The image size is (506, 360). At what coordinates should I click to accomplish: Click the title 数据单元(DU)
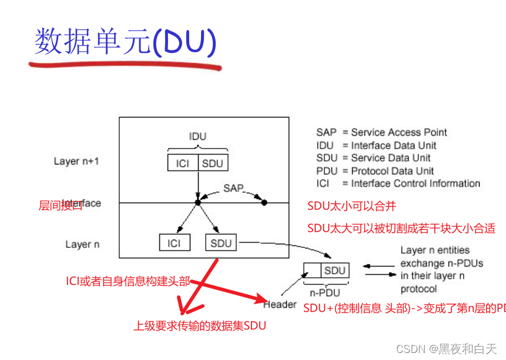coord(125,42)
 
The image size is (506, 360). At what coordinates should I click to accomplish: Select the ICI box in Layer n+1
coord(182,163)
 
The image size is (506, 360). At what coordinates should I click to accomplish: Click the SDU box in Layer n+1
coord(212,163)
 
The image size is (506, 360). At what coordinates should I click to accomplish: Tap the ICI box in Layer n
coord(174,243)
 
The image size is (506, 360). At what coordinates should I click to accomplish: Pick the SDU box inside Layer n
coord(221,243)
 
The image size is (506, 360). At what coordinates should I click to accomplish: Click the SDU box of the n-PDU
coord(334,271)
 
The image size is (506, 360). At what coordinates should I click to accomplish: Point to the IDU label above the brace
coord(197,136)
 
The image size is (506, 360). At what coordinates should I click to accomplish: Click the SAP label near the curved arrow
coord(233,188)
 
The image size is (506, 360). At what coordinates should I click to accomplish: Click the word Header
coord(280,304)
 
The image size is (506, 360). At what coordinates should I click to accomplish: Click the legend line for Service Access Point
coord(381,132)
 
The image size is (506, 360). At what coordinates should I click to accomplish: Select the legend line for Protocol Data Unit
coord(375,171)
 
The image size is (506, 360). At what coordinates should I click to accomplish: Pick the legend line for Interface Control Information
coord(398,184)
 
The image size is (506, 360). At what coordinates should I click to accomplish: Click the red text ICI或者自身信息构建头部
coord(128,281)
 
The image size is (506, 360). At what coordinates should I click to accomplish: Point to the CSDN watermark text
coord(447,349)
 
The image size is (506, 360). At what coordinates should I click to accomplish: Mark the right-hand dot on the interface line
coord(264,203)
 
